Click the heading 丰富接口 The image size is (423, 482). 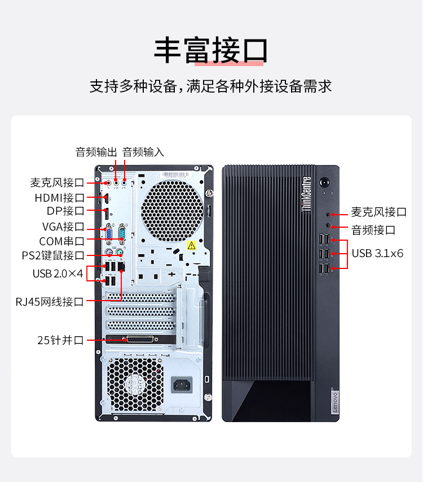[211, 50]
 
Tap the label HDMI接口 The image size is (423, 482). [60, 198]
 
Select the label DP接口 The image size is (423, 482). [65, 211]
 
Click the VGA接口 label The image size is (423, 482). [63, 227]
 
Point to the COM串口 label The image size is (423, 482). [61, 241]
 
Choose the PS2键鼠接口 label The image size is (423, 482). [53, 255]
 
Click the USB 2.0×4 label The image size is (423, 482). [58, 273]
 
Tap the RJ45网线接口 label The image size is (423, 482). [50, 302]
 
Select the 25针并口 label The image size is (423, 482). [60, 340]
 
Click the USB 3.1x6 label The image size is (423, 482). [377, 254]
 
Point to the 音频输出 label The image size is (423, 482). [96, 152]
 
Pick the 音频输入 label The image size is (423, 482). [143, 152]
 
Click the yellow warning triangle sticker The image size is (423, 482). [192, 245]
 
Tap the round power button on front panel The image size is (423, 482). [324, 183]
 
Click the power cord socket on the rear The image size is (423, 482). [182, 385]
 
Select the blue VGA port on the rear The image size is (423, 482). [109, 235]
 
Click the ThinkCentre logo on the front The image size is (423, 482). [307, 194]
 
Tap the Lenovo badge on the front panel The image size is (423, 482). [334, 401]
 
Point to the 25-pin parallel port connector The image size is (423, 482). [140, 340]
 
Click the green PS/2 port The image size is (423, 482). [120, 253]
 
